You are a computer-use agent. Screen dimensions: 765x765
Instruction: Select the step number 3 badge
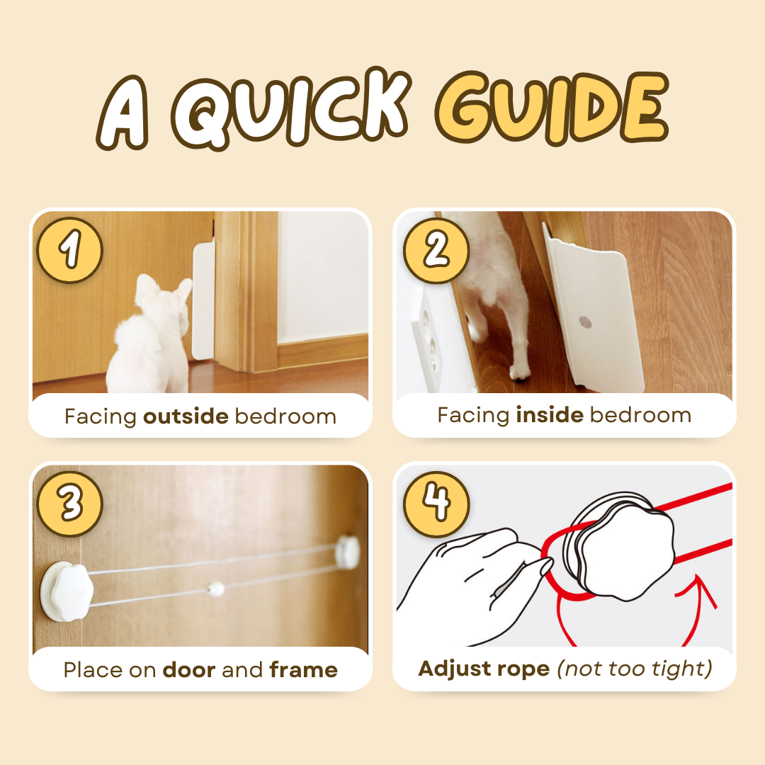[70, 504]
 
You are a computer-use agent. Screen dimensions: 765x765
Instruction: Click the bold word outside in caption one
[186, 416]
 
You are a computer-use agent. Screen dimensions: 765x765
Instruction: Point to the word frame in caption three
[303, 669]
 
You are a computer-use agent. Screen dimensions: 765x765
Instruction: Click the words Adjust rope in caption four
[484, 668]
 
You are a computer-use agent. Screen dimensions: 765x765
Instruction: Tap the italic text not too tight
[634, 668]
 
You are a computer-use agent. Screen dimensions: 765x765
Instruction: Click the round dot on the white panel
[587, 322]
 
